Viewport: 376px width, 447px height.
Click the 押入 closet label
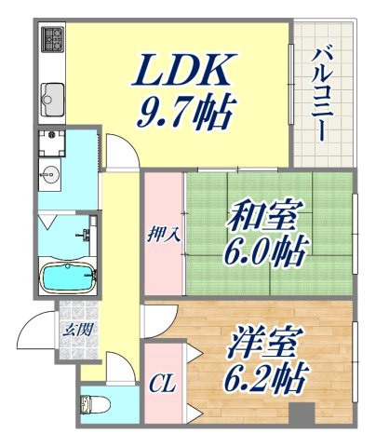coord(164,236)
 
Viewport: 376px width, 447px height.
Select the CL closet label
coord(164,382)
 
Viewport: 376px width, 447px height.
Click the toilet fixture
coord(92,405)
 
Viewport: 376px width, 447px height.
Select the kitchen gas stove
coord(52,42)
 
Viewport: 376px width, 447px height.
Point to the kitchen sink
coord(52,95)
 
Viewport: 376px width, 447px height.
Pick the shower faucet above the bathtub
coord(89,233)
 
